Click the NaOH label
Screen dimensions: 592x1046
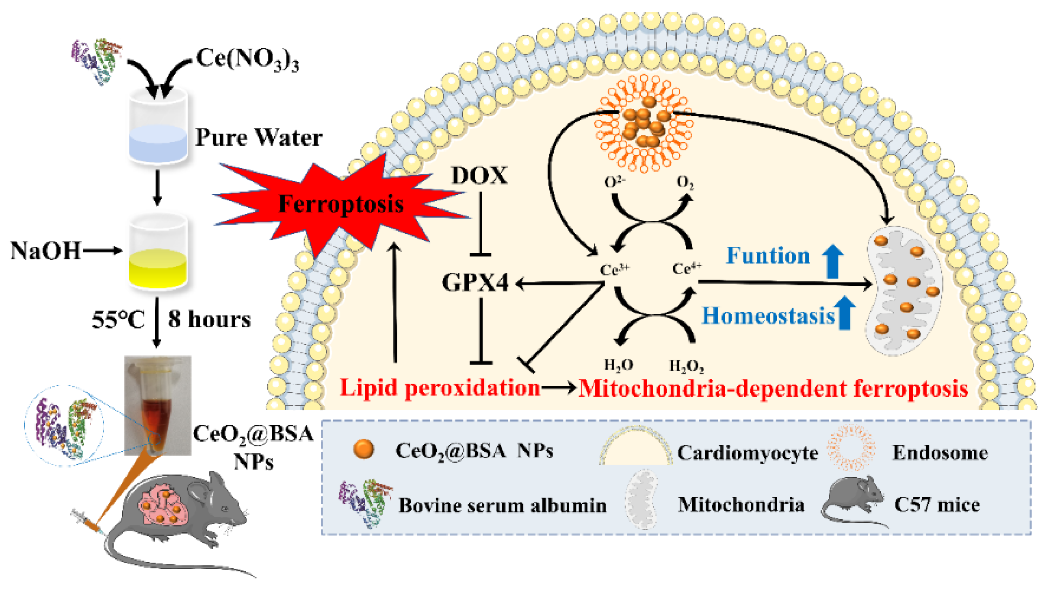45,251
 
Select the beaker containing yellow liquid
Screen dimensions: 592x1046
158,252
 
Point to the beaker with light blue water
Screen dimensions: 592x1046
158,128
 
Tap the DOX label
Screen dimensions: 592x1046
480,176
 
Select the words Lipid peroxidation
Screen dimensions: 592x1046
440,388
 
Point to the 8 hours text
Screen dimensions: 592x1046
209,319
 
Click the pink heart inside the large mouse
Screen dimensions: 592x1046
163,506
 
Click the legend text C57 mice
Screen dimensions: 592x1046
937,504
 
